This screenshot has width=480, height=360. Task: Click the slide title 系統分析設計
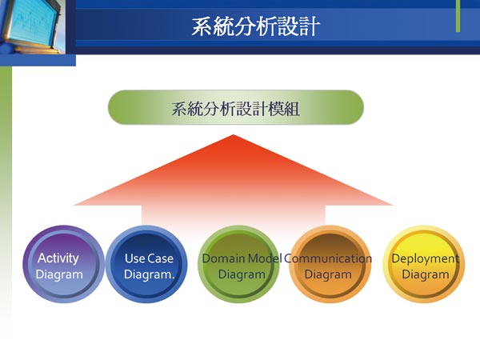tap(256, 26)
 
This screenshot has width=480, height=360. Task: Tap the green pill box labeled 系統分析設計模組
tap(236, 107)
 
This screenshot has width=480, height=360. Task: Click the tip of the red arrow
tap(234, 135)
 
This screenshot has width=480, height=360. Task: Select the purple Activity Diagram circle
tap(62, 264)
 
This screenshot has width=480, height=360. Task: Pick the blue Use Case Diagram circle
tap(147, 264)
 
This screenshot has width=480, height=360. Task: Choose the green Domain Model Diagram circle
tap(238, 264)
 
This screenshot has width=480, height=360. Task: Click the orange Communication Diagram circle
tap(330, 264)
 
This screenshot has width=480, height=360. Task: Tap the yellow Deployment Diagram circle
tap(424, 264)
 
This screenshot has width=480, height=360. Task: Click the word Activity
tap(58, 258)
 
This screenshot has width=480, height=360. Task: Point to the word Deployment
tap(426, 259)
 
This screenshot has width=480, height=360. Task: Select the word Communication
tap(328, 258)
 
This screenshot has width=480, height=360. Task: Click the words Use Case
tap(149, 258)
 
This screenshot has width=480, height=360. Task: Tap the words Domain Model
tap(242, 258)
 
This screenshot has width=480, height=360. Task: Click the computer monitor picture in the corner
tap(33, 26)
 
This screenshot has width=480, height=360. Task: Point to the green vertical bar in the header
tap(458, 16)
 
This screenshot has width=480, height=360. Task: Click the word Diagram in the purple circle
tap(59, 274)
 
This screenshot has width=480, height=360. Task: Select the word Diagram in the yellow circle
tap(426, 274)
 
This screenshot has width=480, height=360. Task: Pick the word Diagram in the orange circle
tap(328, 274)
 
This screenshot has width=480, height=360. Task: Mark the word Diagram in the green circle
tap(242, 274)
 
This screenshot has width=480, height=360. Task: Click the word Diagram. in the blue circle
tap(149, 274)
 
